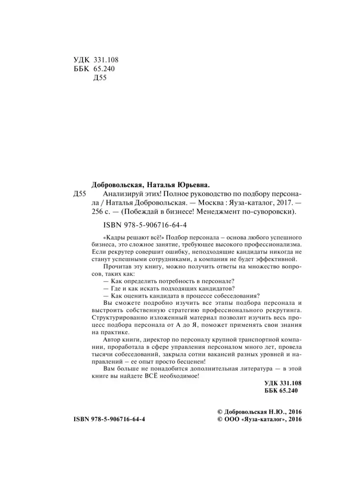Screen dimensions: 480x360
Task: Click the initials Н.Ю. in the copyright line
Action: click(274, 412)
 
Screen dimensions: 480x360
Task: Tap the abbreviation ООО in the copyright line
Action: click(231, 419)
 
